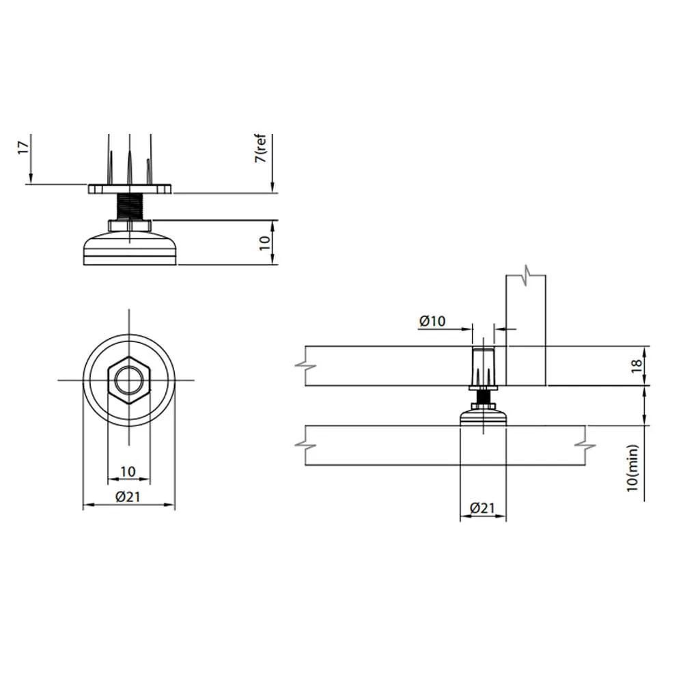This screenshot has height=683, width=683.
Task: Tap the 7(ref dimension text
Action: click(260, 148)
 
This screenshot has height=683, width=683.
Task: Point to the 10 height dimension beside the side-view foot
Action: click(265, 242)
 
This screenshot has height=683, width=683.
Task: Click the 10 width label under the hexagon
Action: click(128, 471)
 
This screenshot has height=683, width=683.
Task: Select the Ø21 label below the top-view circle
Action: click(128, 496)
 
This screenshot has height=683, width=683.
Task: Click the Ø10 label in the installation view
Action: click(432, 321)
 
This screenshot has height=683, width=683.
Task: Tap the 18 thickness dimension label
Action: click(637, 365)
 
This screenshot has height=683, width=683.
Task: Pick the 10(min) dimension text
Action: click(632, 469)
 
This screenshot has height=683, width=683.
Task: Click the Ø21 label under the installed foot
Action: click(483, 508)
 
